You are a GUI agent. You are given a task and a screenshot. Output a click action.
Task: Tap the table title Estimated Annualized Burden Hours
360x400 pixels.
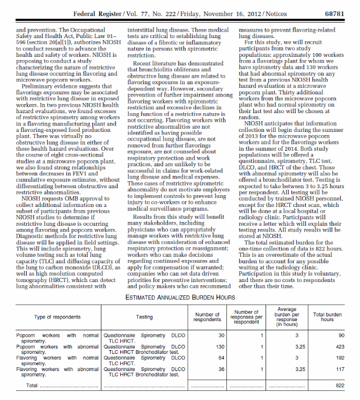click(x=180, y=296)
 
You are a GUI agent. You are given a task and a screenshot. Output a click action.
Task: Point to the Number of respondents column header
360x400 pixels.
click(x=207, y=317)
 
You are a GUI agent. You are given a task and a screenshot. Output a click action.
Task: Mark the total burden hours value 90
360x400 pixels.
click(x=341, y=336)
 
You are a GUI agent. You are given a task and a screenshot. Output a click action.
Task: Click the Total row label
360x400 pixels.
click(x=33, y=385)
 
